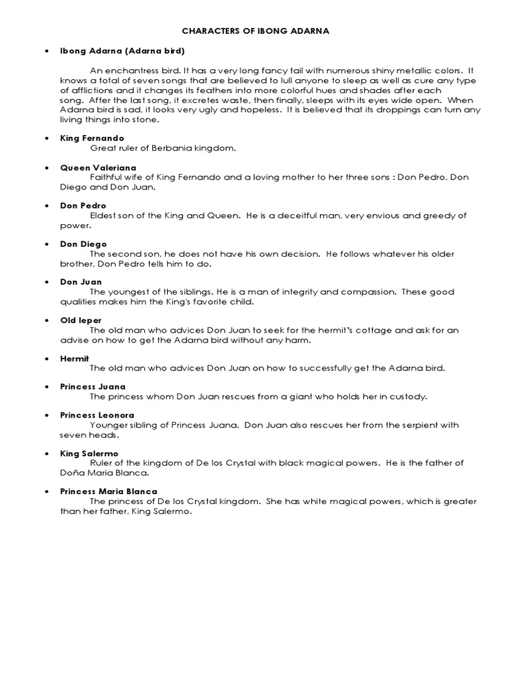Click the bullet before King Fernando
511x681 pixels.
[47, 138]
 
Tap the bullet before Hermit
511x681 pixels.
[47, 358]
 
